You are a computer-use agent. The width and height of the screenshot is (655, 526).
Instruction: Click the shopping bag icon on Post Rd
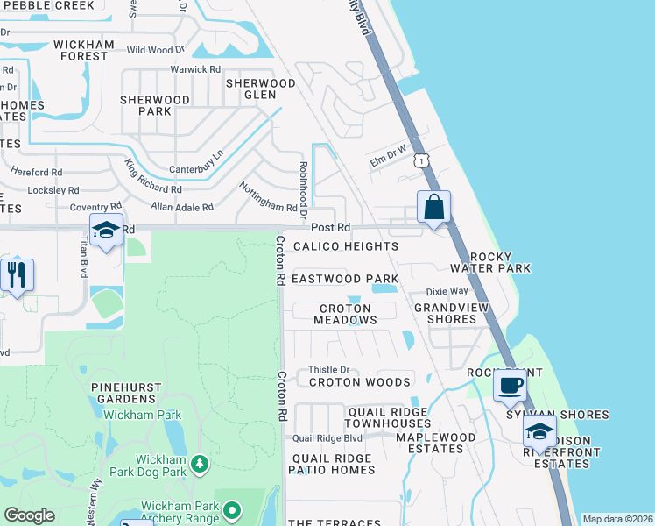(x=433, y=209)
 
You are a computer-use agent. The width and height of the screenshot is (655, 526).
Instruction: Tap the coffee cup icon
(x=510, y=385)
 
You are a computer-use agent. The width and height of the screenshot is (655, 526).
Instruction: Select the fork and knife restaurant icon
(x=17, y=274)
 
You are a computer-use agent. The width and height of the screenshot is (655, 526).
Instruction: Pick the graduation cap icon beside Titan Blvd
(x=107, y=231)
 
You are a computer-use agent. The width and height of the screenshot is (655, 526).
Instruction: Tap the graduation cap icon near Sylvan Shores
(x=539, y=431)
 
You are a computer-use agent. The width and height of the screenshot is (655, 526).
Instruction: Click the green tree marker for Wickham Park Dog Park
(x=201, y=462)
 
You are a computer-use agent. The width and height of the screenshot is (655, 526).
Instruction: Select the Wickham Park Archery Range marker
(x=232, y=509)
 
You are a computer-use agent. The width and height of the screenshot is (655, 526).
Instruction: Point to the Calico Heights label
(x=345, y=247)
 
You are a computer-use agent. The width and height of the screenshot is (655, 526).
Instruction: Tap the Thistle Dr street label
(x=329, y=370)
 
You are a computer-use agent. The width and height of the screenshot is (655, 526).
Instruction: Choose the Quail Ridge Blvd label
(x=327, y=437)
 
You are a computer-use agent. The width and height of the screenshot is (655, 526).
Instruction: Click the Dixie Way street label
(x=447, y=292)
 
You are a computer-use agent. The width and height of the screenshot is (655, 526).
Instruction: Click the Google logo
(x=30, y=515)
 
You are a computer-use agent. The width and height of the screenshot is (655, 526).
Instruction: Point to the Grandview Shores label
(x=445, y=313)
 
